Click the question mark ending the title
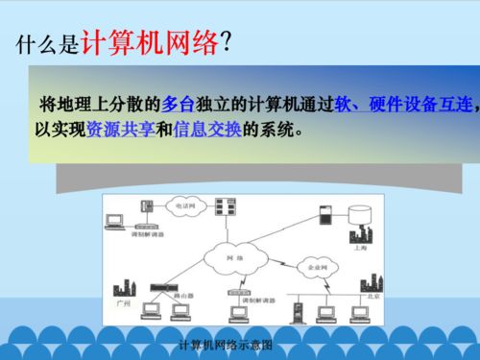coord(226,42)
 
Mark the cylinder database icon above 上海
coord(363,212)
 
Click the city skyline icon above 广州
coord(123,286)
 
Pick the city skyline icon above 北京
coord(364,284)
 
